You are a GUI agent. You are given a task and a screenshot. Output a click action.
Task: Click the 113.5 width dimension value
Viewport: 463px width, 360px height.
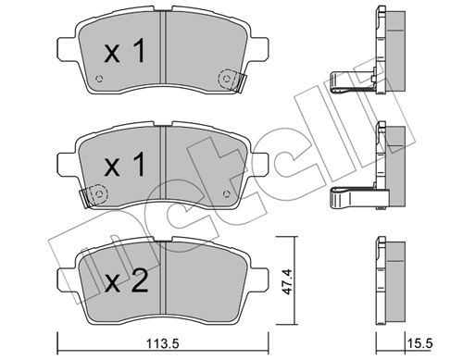click(x=162, y=343)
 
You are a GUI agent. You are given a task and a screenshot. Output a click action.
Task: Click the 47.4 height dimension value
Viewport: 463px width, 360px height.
click(x=287, y=281)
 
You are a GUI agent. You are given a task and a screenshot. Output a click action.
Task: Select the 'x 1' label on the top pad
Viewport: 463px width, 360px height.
click(x=125, y=52)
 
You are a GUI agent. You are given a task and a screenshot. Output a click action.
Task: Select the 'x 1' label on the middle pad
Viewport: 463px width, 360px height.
click(x=125, y=165)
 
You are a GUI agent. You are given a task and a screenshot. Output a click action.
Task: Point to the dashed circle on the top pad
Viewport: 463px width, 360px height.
click(x=228, y=79)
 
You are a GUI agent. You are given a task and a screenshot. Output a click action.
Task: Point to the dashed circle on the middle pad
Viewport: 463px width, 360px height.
click(x=98, y=194)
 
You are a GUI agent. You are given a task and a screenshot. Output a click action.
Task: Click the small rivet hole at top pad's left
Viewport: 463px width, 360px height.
click(x=99, y=79)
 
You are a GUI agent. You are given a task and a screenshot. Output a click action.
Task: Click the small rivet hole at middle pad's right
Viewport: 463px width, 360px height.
click(x=227, y=194)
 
